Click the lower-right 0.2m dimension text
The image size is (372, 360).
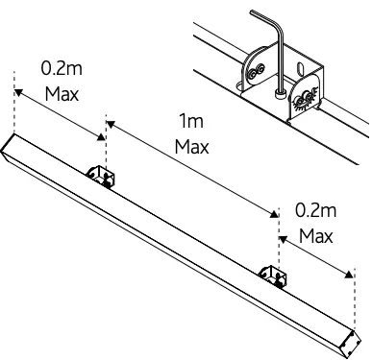click(315, 210)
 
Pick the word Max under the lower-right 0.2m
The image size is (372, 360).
click(315, 235)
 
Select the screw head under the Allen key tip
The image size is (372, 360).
click(280, 94)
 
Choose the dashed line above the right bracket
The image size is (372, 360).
click(278, 240)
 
